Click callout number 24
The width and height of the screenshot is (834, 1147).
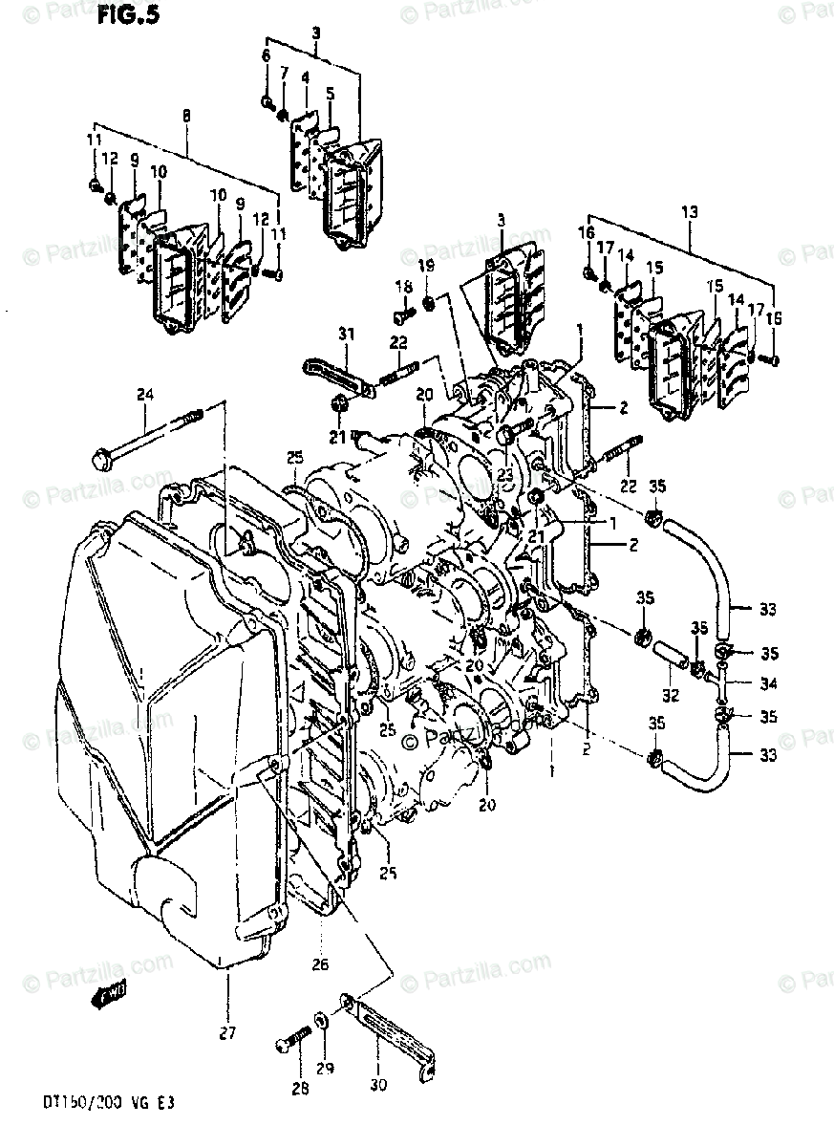click(x=144, y=393)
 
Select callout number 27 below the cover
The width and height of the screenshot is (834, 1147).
click(x=227, y=1032)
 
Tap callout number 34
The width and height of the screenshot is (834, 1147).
click(x=770, y=683)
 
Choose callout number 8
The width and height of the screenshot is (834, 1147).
click(x=186, y=116)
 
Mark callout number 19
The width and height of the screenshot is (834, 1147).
click(x=425, y=265)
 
